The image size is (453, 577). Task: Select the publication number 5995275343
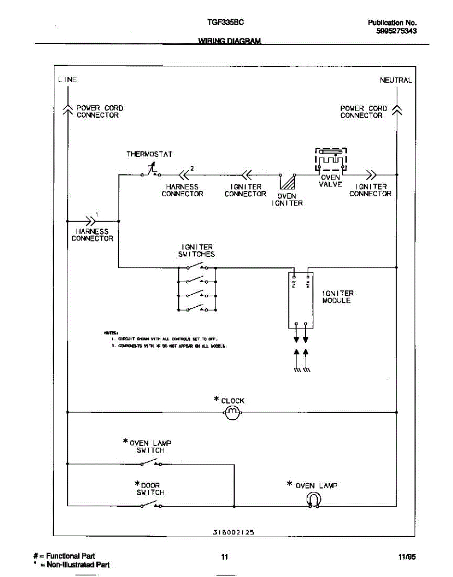coord(396,31)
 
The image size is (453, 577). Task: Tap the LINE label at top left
coord(67,79)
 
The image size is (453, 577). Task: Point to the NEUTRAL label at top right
coord(396,80)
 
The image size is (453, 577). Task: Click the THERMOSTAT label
coord(149,154)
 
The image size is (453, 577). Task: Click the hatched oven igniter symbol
coord(287,183)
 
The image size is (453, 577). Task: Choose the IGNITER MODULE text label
coord(338,297)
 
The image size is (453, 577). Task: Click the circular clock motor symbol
coord(233,413)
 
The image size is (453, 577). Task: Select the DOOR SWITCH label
coord(150,489)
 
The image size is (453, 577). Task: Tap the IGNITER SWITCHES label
coord(196,251)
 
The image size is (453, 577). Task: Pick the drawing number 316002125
coord(233,532)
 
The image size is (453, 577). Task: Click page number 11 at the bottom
coord(224,557)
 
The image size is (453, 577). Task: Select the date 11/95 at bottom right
coord(407,557)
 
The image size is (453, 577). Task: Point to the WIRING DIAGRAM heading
coord(230,41)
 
